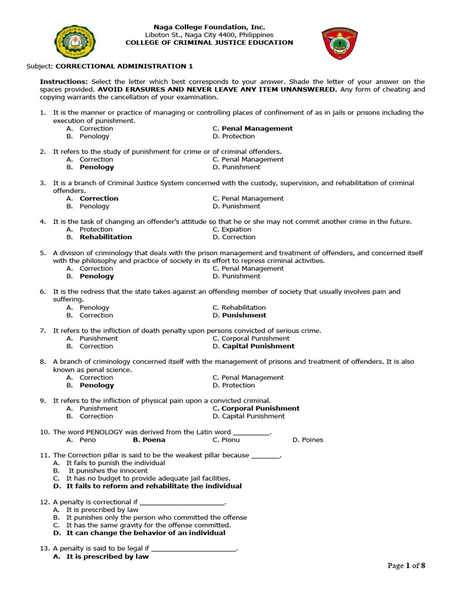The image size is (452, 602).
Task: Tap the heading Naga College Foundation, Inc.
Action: (209, 27)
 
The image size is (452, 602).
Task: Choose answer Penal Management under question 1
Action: (257, 128)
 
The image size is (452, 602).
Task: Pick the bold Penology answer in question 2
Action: (97, 167)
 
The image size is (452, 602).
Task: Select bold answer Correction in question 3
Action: (99, 198)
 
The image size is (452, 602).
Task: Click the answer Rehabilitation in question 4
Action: (105, 237)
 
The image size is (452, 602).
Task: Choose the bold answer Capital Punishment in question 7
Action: (258, 346)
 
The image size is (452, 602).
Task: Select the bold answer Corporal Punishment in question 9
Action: (260, 408)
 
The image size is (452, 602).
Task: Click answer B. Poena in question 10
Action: (149, 439)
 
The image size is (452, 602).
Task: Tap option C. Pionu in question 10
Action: (226, 439)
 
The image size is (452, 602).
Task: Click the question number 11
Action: (44, 455)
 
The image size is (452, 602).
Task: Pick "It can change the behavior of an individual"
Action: (145, 533)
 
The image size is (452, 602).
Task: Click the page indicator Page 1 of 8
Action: (406, 566)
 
